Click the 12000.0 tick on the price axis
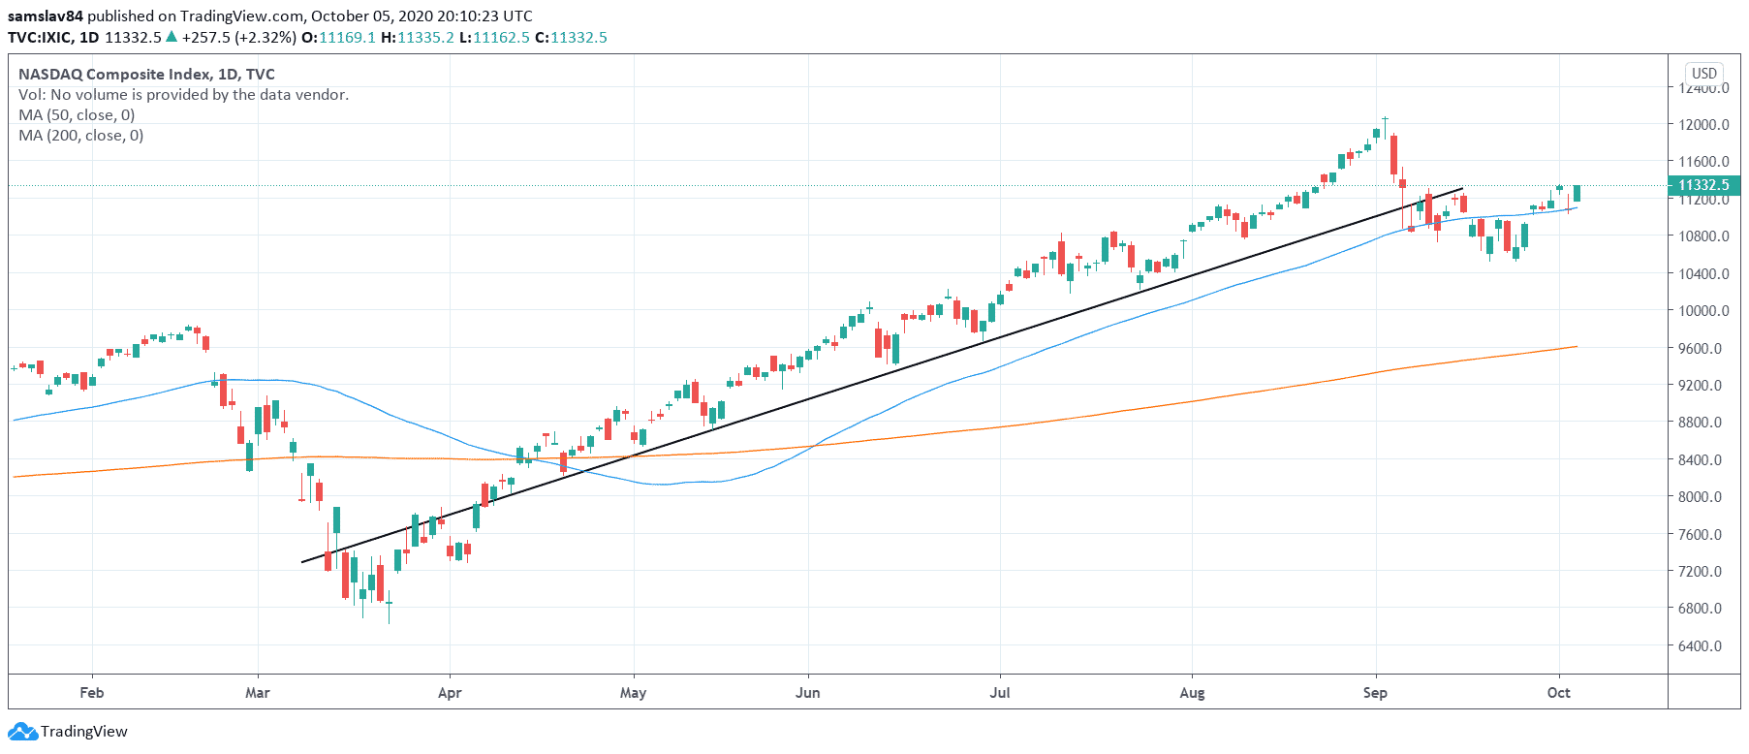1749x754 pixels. point(1703,124)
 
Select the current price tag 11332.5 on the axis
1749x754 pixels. point(1703,185)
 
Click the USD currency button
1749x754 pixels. point(1704,73)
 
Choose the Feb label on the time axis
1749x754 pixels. point(92,692)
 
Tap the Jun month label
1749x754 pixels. point(807,692)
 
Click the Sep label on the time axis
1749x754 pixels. point(1375,692)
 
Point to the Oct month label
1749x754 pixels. point(1558,692)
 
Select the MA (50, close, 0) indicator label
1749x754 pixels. point(77,114)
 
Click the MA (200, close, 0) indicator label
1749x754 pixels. point(81,135)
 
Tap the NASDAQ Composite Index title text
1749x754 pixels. point(114,74)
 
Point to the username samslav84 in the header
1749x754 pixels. point(46,16)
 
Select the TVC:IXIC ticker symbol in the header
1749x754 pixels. point(39,37)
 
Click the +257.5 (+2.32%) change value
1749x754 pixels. point(238,37)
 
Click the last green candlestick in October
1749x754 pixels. point(1577,193)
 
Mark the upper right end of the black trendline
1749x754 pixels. point(1462,188)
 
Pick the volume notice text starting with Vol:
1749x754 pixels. point(183,94)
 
